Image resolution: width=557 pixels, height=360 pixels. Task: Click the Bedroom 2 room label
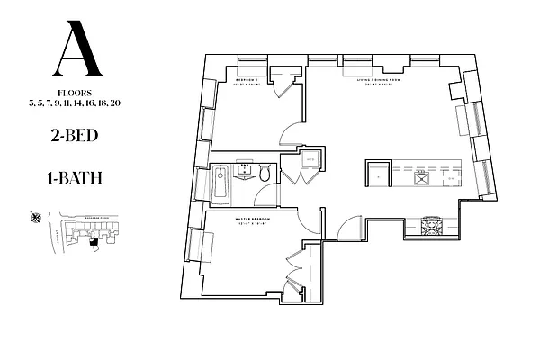coord(247,80)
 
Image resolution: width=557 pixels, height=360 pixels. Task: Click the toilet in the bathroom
coord(265,173)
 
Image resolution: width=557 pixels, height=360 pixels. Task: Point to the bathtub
coord(220,184)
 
